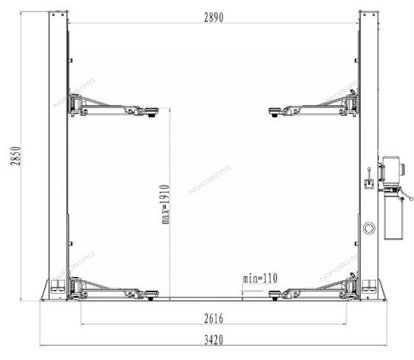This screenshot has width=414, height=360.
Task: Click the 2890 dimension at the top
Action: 214,18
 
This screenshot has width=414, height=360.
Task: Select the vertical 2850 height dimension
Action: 15,156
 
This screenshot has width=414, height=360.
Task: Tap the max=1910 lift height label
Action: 166,205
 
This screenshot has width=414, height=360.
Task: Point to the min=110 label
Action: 260,279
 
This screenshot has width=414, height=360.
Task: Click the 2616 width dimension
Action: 214,319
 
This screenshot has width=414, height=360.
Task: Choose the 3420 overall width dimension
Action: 214,340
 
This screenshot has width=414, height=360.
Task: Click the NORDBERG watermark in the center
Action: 210,180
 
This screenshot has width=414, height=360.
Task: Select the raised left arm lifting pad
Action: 151,112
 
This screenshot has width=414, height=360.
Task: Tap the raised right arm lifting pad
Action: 276,112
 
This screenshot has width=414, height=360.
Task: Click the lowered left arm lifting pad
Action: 151,295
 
